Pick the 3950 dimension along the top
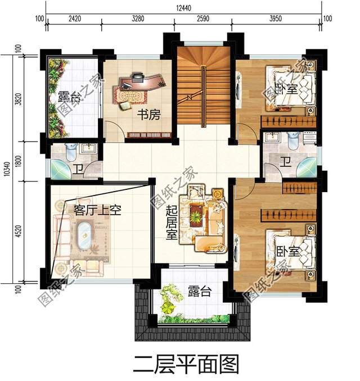(x=275, y=19)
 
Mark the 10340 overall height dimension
(x=7, y=167)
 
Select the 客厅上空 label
(x=98, y=211)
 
